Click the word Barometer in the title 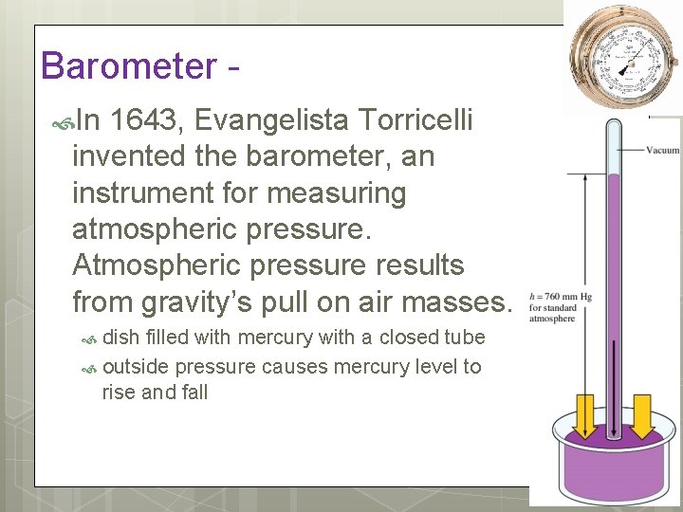[128, 66]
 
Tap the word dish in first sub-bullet [119, 338]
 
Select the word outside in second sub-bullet [137, 366]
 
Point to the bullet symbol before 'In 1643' [64, 121]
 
